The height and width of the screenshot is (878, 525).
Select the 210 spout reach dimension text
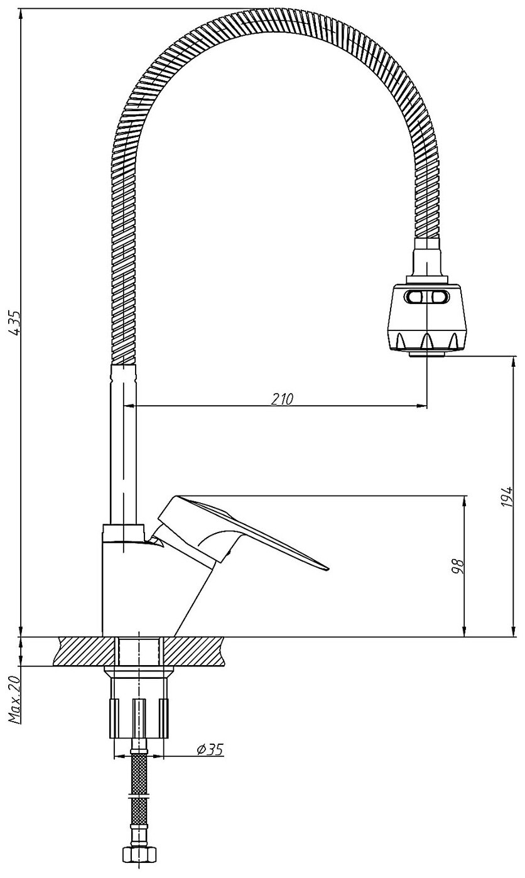[x=283, y=399]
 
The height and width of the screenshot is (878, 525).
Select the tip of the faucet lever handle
[x=326, y=568]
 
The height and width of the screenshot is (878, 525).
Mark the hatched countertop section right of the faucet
[x=193, y=651]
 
